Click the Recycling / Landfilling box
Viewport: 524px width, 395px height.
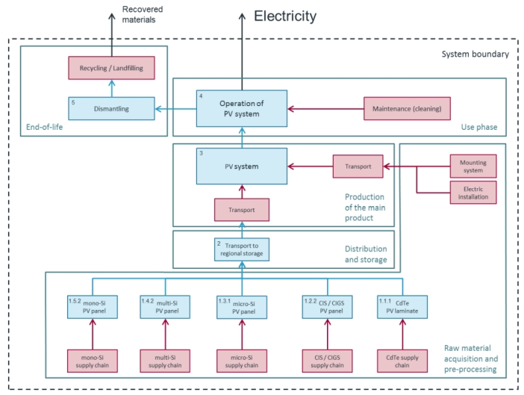click(112, 68)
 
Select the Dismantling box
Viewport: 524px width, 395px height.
click(112, 108)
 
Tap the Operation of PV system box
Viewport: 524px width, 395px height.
click(242, 108)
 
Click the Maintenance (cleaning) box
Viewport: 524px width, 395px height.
click(407, 108)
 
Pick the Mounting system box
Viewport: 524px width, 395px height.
click(473, 166)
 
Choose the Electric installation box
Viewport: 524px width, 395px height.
click(473, 193)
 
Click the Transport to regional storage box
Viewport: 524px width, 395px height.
click(242, 249)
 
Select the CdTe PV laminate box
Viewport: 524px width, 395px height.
click(402, 307)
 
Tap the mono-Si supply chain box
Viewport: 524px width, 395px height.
click(93, 361)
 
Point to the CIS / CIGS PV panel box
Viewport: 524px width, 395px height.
click(328, 307)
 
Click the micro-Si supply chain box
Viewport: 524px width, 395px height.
click(242, 361)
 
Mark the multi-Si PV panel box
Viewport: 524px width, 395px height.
click(165, 307)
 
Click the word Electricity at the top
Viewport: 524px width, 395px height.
click(285, 16)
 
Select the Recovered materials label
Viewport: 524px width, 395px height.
click(143, 14)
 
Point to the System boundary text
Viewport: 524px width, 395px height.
click(475, 55)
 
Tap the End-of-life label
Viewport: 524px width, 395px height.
click(45, 127)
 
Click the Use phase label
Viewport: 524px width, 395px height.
click(479, 127)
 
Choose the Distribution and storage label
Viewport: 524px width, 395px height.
click(366, 255)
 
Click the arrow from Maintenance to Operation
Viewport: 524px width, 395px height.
click(326, 108)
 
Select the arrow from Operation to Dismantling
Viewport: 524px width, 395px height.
click(175, 108)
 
